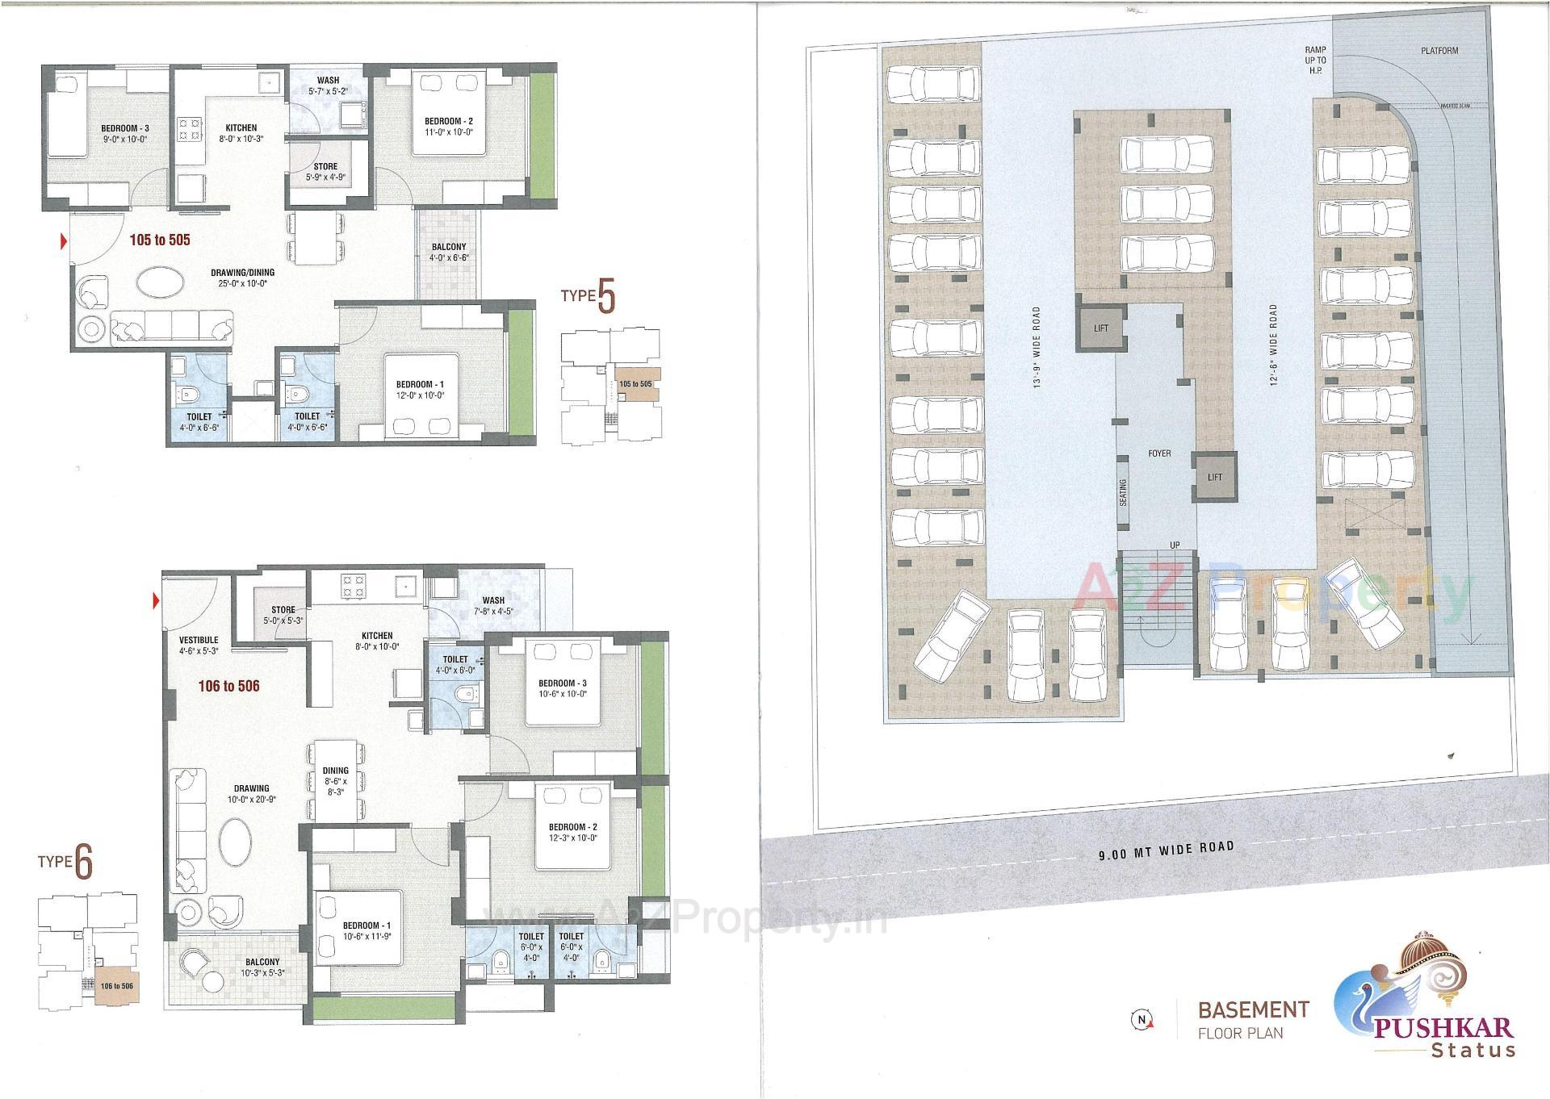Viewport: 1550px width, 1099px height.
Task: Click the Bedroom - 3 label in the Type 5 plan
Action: click(124, 134)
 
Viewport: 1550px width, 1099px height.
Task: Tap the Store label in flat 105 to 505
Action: click(326, 172)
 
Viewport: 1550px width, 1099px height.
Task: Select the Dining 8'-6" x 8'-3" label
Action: click(336, 781)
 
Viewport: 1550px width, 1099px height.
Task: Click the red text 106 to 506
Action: click(228, 687)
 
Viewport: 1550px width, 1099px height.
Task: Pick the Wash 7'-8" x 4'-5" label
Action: click(493, 605)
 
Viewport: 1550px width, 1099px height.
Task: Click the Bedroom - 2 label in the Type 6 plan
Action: click(572, 832)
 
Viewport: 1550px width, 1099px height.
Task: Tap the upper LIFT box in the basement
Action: click(1101, 328)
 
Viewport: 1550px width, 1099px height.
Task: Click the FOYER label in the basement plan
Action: click(1159, 453)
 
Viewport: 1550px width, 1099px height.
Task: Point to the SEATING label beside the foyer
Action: click(1123, 492)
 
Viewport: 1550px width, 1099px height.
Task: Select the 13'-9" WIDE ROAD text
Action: click(1036, 347)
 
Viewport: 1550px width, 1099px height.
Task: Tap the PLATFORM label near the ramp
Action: click(1439, 51)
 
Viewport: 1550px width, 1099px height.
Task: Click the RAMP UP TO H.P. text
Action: click(1315, 60)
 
